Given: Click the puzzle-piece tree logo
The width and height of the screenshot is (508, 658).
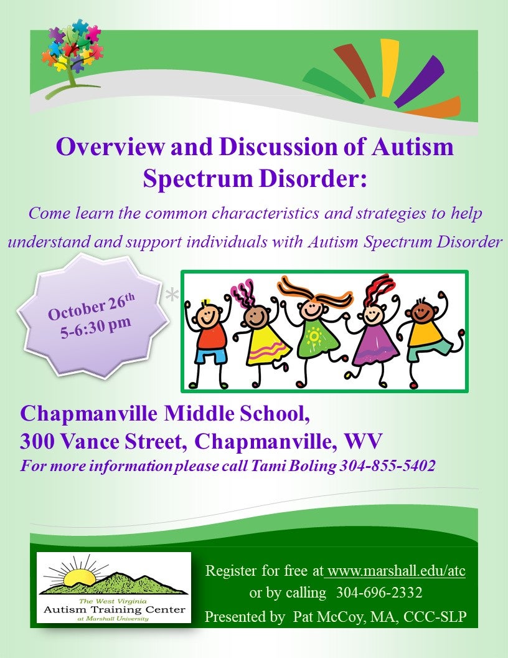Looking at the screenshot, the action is coord(72,57).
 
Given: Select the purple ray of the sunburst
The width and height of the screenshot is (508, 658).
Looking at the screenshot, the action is coord(419,81).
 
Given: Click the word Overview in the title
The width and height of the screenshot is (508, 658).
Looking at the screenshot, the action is coord(111,147).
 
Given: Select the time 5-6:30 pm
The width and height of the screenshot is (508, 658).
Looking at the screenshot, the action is coord(96,327).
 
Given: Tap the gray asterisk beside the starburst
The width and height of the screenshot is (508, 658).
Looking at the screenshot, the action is coord(171,295).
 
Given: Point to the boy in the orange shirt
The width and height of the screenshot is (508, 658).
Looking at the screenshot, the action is coord(430,340).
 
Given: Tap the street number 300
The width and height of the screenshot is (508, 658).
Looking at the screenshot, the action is coord(37,441).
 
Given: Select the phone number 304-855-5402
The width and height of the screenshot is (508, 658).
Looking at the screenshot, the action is coord(387,466).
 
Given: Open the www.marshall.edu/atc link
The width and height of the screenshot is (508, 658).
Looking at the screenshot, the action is coord(397,571).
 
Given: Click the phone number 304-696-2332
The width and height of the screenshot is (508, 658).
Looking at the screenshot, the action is coord(379,593).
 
